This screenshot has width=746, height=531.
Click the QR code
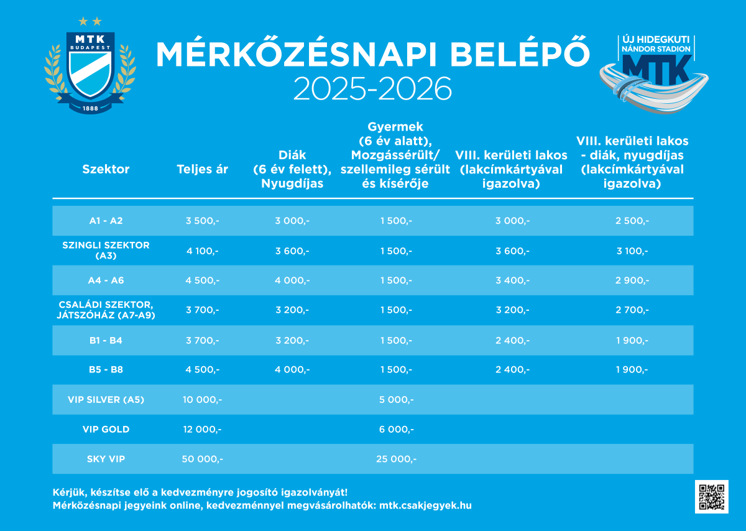point(711,496)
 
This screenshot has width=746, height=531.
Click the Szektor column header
point(106,169)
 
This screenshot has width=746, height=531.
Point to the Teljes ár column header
point(202,169)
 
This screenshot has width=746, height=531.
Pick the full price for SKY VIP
point(202,459)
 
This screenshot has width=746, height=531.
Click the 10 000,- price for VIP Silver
point(202,400)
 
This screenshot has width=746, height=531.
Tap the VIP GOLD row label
point(106,430)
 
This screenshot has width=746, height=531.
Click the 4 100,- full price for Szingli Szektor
point(202,251)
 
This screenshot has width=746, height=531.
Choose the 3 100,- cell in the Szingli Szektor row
point(632,251)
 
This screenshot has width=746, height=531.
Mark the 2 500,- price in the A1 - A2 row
point(632,221)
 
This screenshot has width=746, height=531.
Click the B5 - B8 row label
point(106,370)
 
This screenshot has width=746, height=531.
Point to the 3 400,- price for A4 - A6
point(512,281)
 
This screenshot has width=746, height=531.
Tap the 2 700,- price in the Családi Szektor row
point(632,310)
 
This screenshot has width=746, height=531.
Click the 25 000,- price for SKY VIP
point(396,459)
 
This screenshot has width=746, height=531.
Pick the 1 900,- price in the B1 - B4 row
point(632,341)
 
